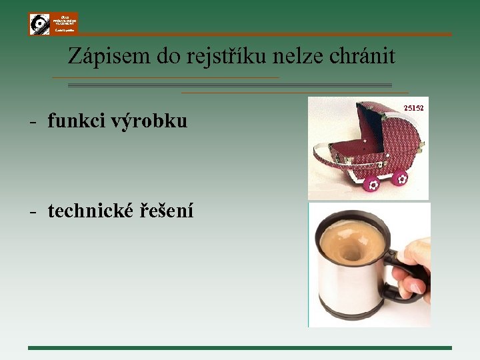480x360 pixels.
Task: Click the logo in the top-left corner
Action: pyautogui.click(x=53, y=23)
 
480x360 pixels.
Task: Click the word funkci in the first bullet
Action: pyautogui.click(x=68, y=121)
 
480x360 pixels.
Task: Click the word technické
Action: pyautogui.click(x=91, y=211)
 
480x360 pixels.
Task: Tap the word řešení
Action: pyautogui.click(x=167, y=212)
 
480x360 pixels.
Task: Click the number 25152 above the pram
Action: pyautogui.click(x=414, y=107)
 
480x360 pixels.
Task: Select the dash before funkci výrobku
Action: pyautogui.click(x=32, y=122)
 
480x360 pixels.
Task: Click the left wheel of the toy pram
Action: pyautogui.click(x=371, y=183)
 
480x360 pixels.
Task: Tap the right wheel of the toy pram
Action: pyautogui.click(x=399, y=178)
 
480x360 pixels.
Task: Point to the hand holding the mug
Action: pyautogui.click(x=417, y=267)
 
